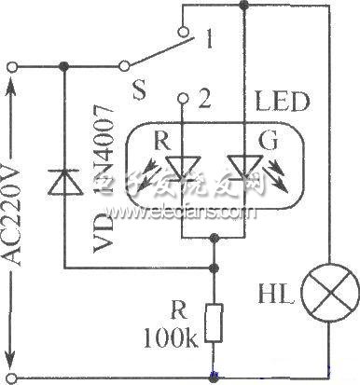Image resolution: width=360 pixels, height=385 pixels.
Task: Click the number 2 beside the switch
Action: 204,97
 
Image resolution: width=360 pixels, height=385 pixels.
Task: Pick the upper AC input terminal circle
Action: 12,66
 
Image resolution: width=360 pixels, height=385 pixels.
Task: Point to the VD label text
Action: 104,241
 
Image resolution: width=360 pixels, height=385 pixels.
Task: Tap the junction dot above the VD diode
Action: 62,66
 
